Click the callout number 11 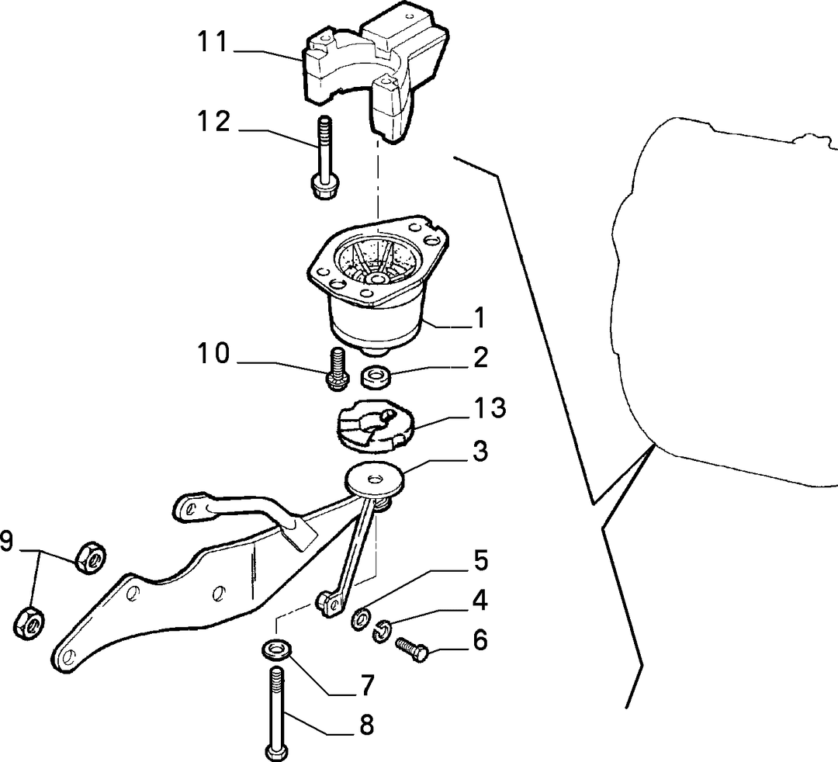[x=213, y=42]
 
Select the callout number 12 [x=213, y=122]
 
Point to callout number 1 [x=480, y=318]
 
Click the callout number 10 [x=213, y=354]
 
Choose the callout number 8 [x=365, y=725]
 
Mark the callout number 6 [x=480, y=640]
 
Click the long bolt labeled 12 [x=324, y=158]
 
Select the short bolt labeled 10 [x=338, y=368]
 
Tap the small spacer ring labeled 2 [x=376, y=376]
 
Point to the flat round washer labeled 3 [x=374, y=478]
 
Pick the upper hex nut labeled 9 [x=90, y=558]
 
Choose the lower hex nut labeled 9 [x=29, y=622]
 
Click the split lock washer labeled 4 [x=382, y=632]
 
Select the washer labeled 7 [x=275, y=650]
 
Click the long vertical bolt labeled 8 [x=277, y=714]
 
